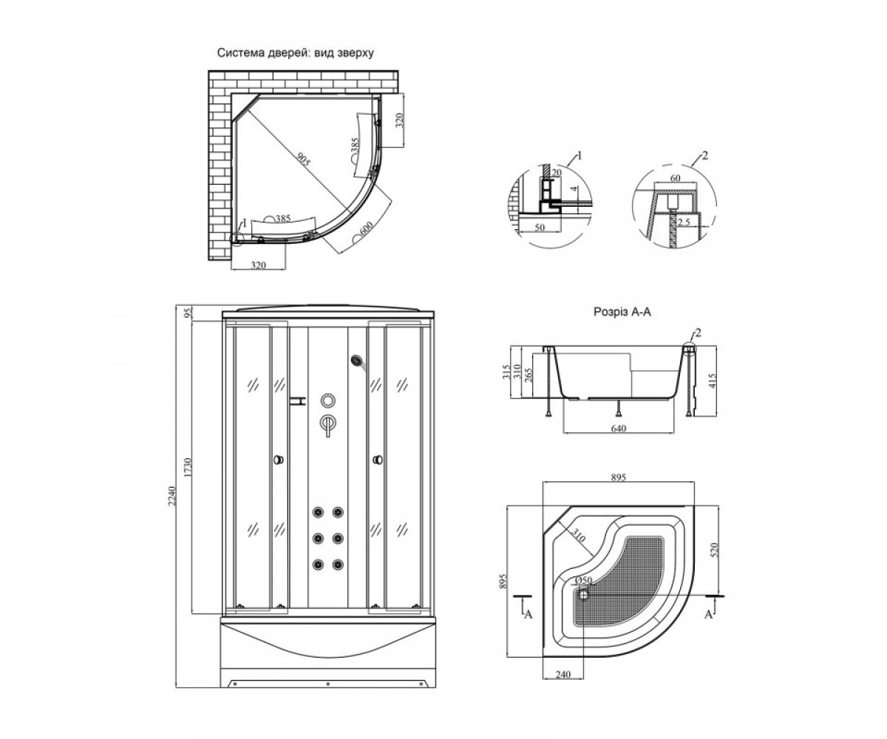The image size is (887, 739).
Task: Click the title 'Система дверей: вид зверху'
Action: click(295, 53)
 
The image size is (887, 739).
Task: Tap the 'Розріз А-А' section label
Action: click(622, 312)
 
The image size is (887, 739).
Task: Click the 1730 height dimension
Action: click(188, 467)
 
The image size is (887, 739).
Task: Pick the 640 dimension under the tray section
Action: click(619, 429)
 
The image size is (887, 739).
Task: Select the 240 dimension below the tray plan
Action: click(563, 674)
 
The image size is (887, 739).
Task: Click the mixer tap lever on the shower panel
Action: click(327, 425)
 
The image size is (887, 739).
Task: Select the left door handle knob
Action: click(279, 460)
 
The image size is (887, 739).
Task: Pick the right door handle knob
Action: click(377, 460)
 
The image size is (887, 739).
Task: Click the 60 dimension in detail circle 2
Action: click(675, 178)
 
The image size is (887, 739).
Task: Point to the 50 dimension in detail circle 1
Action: click(539, 227)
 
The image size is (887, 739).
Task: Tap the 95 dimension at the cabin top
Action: click(188, 314)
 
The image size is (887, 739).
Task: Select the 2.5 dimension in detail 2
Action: click(684, 222)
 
